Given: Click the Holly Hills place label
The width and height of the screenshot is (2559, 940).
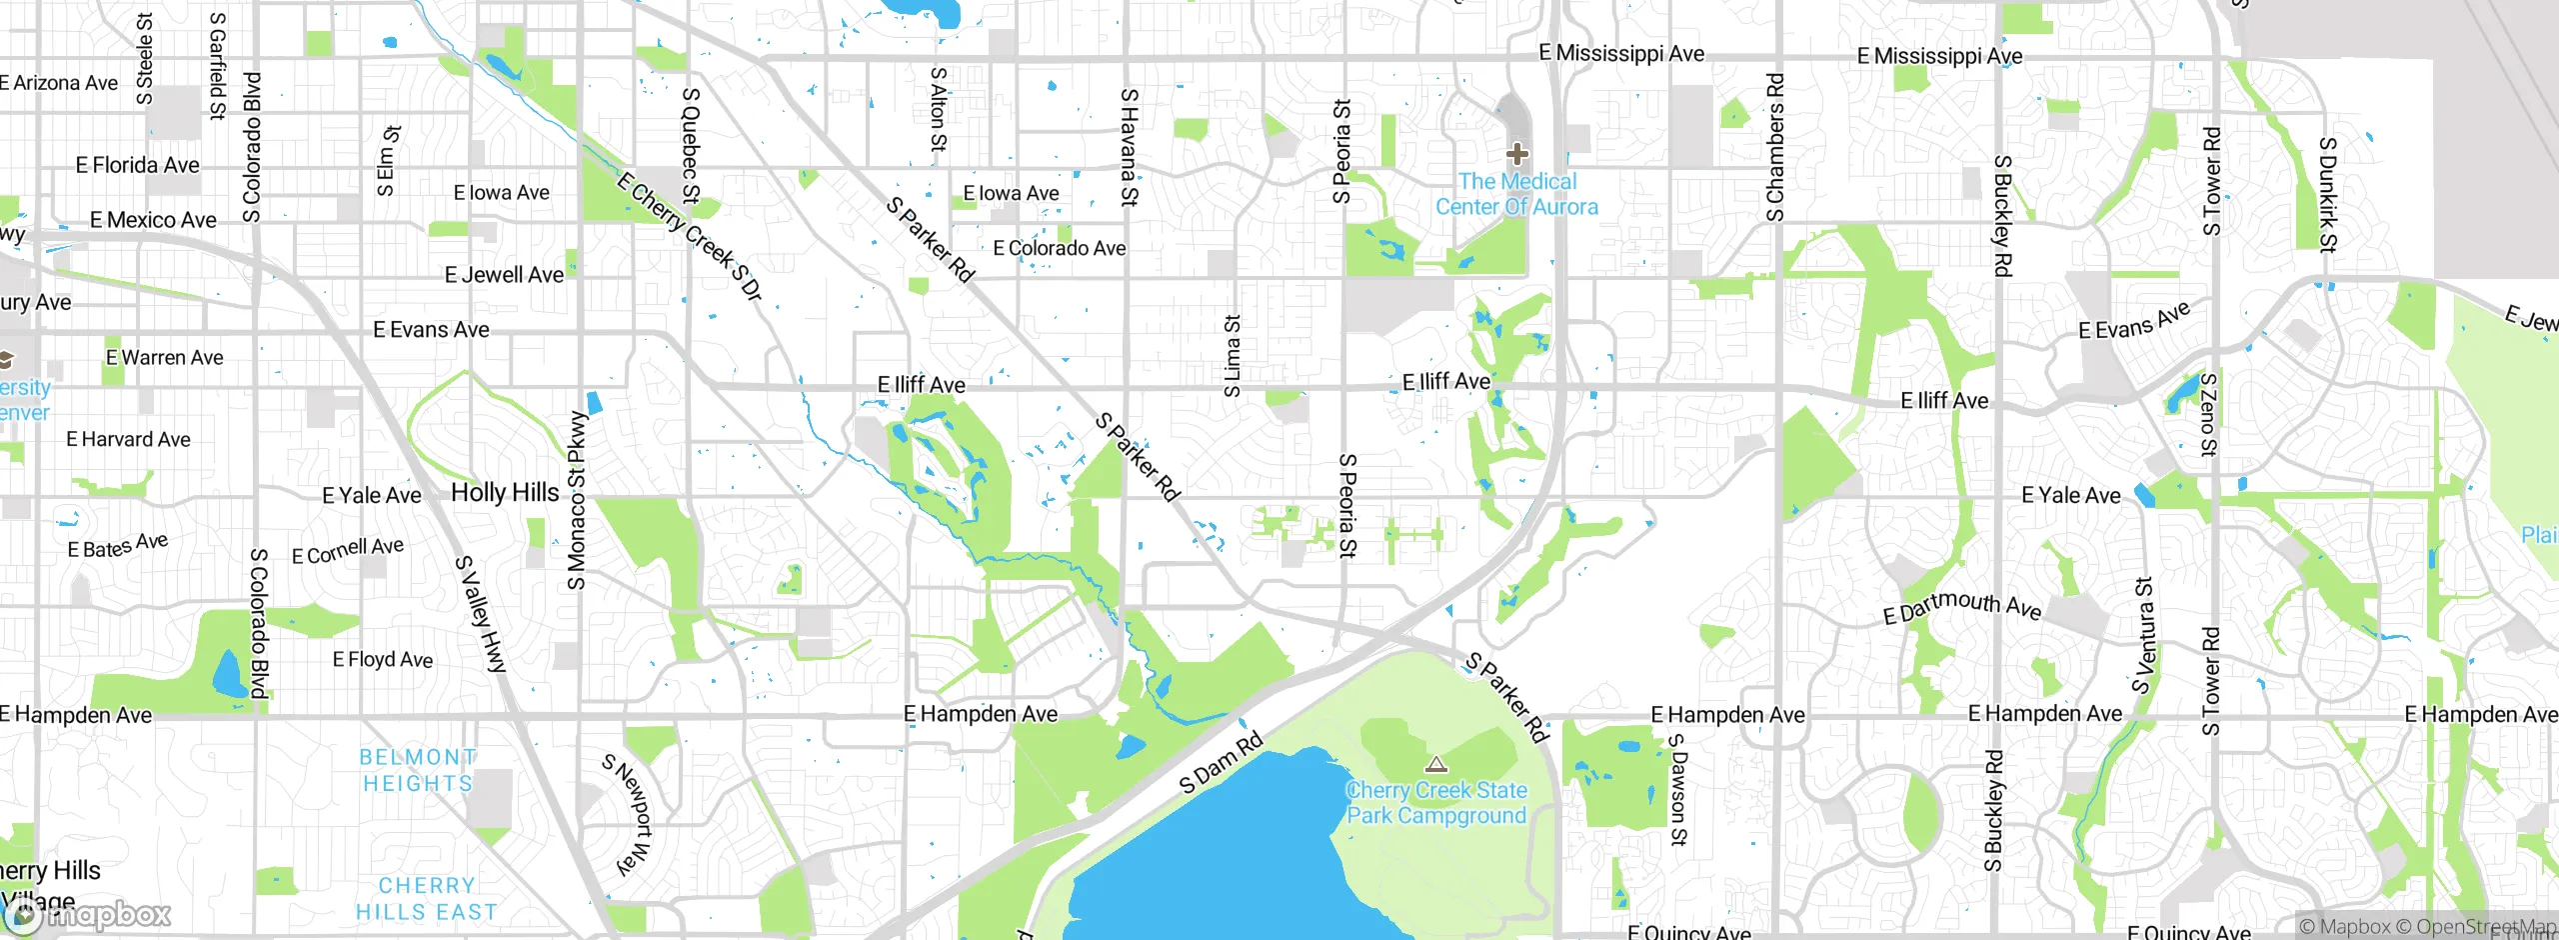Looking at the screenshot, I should coord(505,492).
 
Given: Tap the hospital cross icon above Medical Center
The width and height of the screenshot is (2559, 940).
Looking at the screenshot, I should coord(1516,154).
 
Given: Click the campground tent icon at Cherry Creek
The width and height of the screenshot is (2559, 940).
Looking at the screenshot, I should coord(1436,765).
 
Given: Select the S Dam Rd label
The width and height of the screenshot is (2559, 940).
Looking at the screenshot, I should coord(1221,763).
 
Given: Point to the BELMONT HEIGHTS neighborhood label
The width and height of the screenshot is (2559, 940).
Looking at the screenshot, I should coord(418,770).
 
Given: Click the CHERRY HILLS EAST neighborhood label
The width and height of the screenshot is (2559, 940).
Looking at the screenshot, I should coord(427,898).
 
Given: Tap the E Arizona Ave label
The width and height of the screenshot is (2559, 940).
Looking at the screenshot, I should coord(59,83).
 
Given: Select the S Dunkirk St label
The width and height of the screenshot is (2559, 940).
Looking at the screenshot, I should coord(2327,195).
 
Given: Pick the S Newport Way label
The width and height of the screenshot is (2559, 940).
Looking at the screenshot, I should coord(628,814).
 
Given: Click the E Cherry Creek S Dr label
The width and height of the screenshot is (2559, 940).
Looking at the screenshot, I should coord(690,237).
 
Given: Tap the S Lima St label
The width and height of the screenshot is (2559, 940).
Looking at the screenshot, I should coord(1233,356).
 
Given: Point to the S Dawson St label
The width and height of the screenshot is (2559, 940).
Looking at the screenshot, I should coord(1678,790).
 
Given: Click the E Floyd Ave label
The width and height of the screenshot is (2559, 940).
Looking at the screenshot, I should coord(383,660).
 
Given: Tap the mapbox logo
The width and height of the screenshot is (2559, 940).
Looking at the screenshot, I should coord(88,915).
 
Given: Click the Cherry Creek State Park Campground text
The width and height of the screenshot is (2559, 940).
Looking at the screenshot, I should coord(1436,803).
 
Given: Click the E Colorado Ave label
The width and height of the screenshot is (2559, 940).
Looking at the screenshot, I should coord(1059,248).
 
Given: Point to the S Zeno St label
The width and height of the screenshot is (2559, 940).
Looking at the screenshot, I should coord(2209,414).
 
